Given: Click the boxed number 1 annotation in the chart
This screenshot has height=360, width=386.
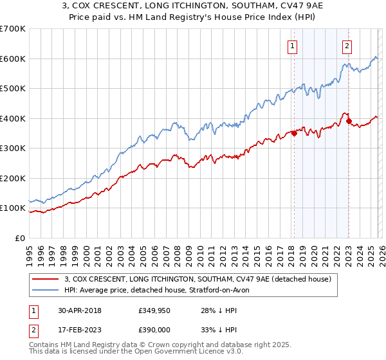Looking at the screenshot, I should click(292, 46).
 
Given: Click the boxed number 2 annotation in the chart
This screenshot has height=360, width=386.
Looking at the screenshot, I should click(347, 46).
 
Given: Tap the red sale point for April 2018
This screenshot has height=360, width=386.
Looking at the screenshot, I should click(294, 134).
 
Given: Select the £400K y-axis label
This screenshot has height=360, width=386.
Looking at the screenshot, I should click(13, 118).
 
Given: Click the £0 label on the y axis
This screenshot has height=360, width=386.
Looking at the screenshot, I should click(20, 238).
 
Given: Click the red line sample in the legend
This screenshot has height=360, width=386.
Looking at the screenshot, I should click(46, 280).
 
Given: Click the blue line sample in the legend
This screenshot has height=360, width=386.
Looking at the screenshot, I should click(46, 291).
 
